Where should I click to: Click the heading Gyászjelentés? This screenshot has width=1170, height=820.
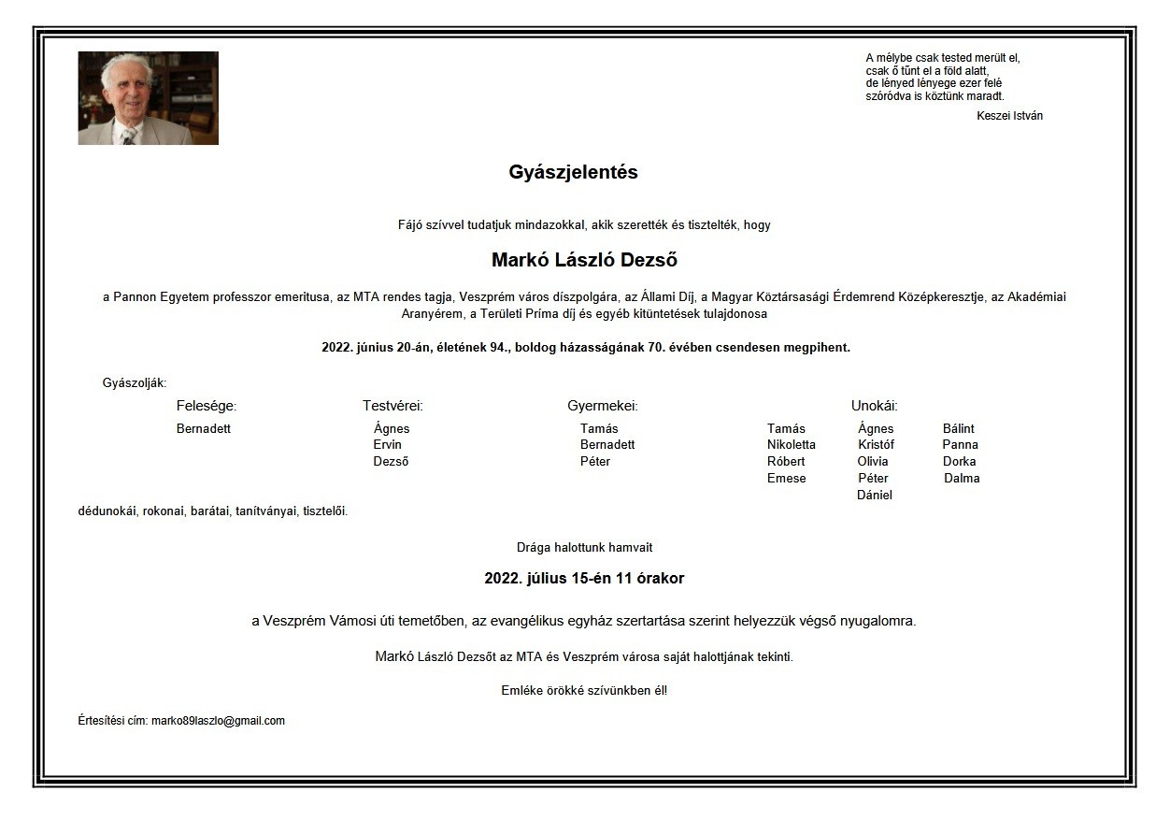click(573, 172)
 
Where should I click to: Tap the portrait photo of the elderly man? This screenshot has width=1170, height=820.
click(148, 98)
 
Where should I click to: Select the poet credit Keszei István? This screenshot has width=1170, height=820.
click(1009, 116)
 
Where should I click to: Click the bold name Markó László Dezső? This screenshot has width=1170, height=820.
click(584, 260)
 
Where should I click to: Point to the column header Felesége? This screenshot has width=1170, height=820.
click(207, 406)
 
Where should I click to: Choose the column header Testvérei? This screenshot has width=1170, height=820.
click(392, 406)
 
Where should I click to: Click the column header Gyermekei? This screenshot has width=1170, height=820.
click(602, 406)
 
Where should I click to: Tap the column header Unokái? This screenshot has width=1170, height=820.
click(874, 406)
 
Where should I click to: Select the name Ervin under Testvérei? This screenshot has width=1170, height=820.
click(387, 445)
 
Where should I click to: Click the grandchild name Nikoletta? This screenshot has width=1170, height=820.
click(791, 445)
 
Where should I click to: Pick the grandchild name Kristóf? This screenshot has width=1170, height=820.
click(876, 445)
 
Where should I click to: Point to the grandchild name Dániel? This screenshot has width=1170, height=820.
click(874, 496)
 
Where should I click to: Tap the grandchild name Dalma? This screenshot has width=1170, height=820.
click(962, 479)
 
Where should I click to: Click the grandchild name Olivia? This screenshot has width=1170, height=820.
click(873, 462)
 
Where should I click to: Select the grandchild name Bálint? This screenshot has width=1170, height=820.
click(958, 429)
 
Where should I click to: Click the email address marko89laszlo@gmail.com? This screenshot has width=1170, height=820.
click(218, 721)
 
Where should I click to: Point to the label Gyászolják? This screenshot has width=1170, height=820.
click(135, 382)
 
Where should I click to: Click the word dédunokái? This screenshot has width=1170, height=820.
click(107, 511)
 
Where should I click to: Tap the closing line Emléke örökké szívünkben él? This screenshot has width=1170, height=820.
click(584, 691)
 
